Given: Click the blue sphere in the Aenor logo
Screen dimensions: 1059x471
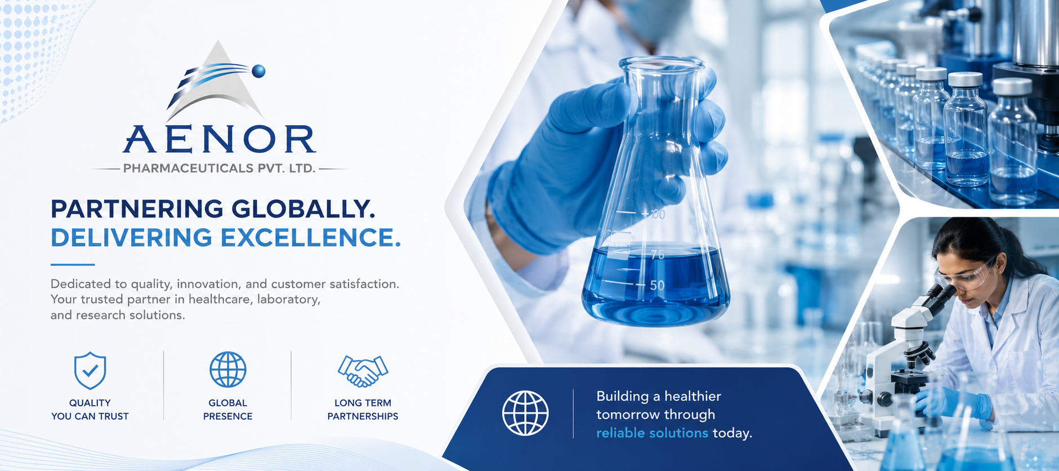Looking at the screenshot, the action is (258, 71).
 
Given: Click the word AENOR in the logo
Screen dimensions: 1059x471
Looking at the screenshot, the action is (220, 139).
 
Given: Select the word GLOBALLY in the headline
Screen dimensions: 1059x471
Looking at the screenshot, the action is (303, 209).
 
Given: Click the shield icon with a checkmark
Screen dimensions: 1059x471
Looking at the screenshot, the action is (90, 371).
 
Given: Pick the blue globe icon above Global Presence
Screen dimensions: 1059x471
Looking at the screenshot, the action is (228, 370).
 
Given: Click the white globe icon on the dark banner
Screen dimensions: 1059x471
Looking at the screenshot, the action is (525, 413).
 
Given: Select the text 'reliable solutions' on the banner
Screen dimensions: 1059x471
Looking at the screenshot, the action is (652, 433).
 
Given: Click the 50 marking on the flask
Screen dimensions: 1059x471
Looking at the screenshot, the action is (657, 285).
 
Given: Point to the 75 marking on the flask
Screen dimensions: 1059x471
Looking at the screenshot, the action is (658, 255).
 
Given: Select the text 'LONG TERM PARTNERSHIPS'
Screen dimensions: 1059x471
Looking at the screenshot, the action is (363, 410).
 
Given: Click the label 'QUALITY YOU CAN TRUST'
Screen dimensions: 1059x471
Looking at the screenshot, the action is (90, 410).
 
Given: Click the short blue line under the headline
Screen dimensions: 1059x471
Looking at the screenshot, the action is (73, 264).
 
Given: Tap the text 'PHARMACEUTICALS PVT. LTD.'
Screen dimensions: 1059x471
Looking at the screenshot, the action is (219, 168).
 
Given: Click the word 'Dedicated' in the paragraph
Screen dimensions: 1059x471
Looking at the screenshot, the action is (77, 284).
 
